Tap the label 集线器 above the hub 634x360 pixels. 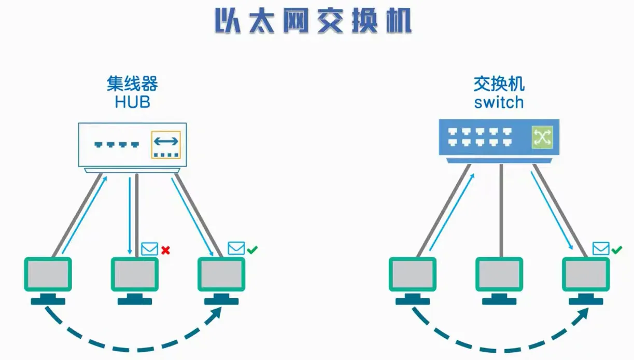132,84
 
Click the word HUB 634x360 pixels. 132,102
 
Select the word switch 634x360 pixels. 499,102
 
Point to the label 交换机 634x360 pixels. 499,84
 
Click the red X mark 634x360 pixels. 165,251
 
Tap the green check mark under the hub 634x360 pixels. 252,250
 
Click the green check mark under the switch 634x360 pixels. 616,250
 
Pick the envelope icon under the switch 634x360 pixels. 601,249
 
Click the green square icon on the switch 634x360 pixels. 542,137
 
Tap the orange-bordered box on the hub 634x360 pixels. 166,145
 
